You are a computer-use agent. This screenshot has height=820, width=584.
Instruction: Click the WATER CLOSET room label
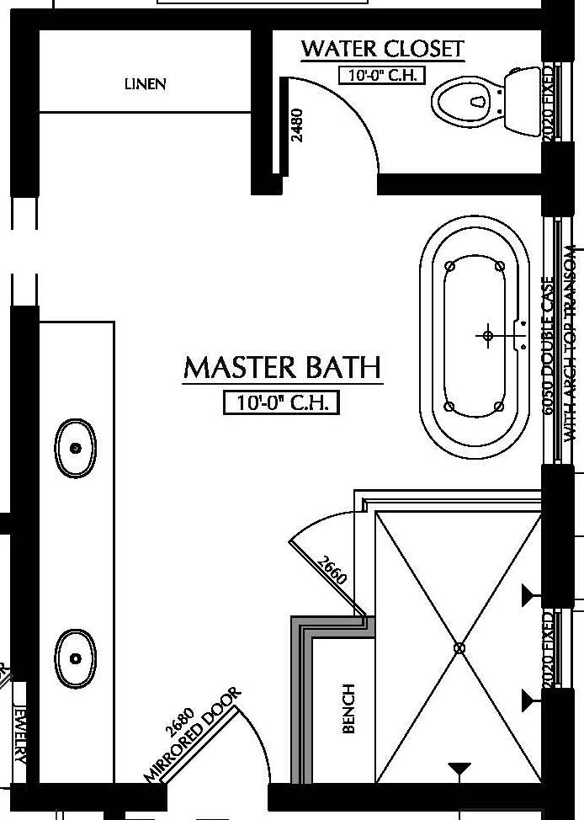coord(382,49)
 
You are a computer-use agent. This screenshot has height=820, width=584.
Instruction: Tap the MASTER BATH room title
coord(282,368)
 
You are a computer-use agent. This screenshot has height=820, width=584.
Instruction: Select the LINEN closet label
coord(145,84)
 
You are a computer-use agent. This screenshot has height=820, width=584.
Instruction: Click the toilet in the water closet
coord(484,102)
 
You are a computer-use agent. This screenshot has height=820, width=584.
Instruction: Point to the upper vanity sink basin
coord(76,449)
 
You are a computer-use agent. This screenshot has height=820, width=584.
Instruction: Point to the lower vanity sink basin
coord(76,658)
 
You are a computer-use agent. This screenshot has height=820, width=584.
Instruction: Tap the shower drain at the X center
coord(459,647)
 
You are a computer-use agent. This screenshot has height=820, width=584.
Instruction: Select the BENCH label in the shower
coord(349,708)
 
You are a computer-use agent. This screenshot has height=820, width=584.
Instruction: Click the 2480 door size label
coord(296,125)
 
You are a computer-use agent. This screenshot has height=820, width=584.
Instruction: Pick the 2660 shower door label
coord(332,572)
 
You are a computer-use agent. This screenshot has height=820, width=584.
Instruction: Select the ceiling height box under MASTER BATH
coord(282,403)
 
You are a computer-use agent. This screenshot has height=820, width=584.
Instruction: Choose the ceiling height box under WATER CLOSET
coord(382,75)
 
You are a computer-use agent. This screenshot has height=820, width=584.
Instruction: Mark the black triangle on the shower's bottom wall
coord(459,769)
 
